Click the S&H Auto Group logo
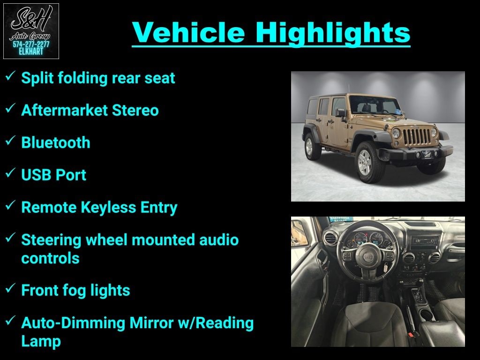pos(31,31)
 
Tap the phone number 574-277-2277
pos(31,45)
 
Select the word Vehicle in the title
pos(188,32)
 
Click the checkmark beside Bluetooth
pos(10,141)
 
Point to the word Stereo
pos(135,110)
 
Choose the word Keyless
pos(108,208)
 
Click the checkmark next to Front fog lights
pos(10,288)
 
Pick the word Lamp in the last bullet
pos(41,342)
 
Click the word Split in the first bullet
pos(37,78)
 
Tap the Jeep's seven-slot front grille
pos(417,136)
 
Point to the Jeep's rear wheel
pos(311,146)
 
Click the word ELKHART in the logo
pos(31,52)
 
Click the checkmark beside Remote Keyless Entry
pos(10,205)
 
